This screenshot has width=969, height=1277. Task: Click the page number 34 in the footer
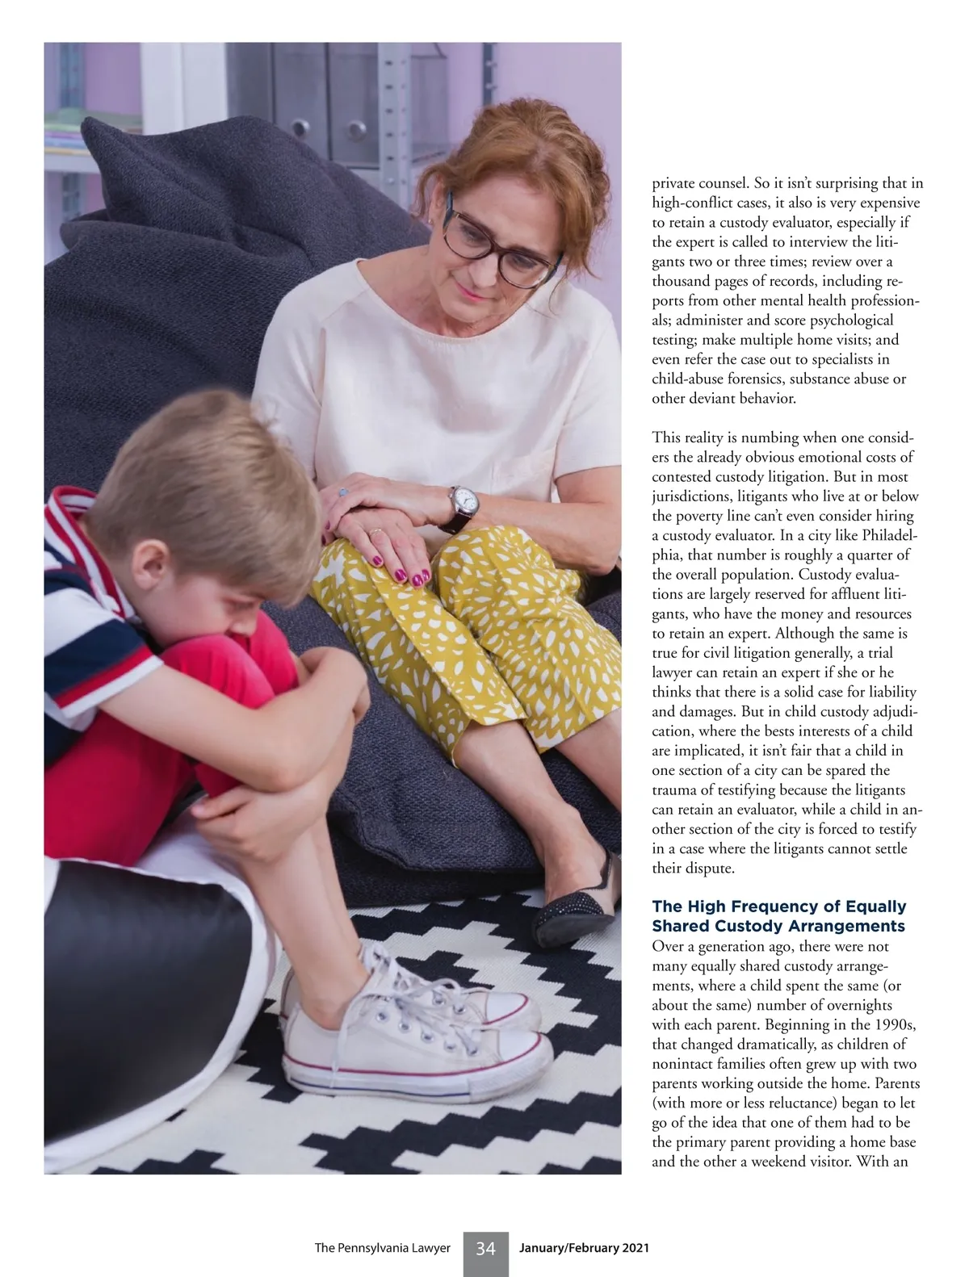click(x=485, y=1249)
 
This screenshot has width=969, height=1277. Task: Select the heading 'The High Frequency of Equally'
click(x=778, y=906)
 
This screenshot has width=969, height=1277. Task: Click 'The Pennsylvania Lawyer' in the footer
click(x=382, y=1248)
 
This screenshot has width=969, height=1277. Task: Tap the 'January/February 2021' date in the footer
click(x=584, y=1248)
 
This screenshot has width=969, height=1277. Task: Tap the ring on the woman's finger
click(x=375, y=532)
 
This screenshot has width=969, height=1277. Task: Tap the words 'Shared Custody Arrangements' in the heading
click(x=778, y=926)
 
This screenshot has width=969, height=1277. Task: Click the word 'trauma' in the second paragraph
click(x=674, y=790)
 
